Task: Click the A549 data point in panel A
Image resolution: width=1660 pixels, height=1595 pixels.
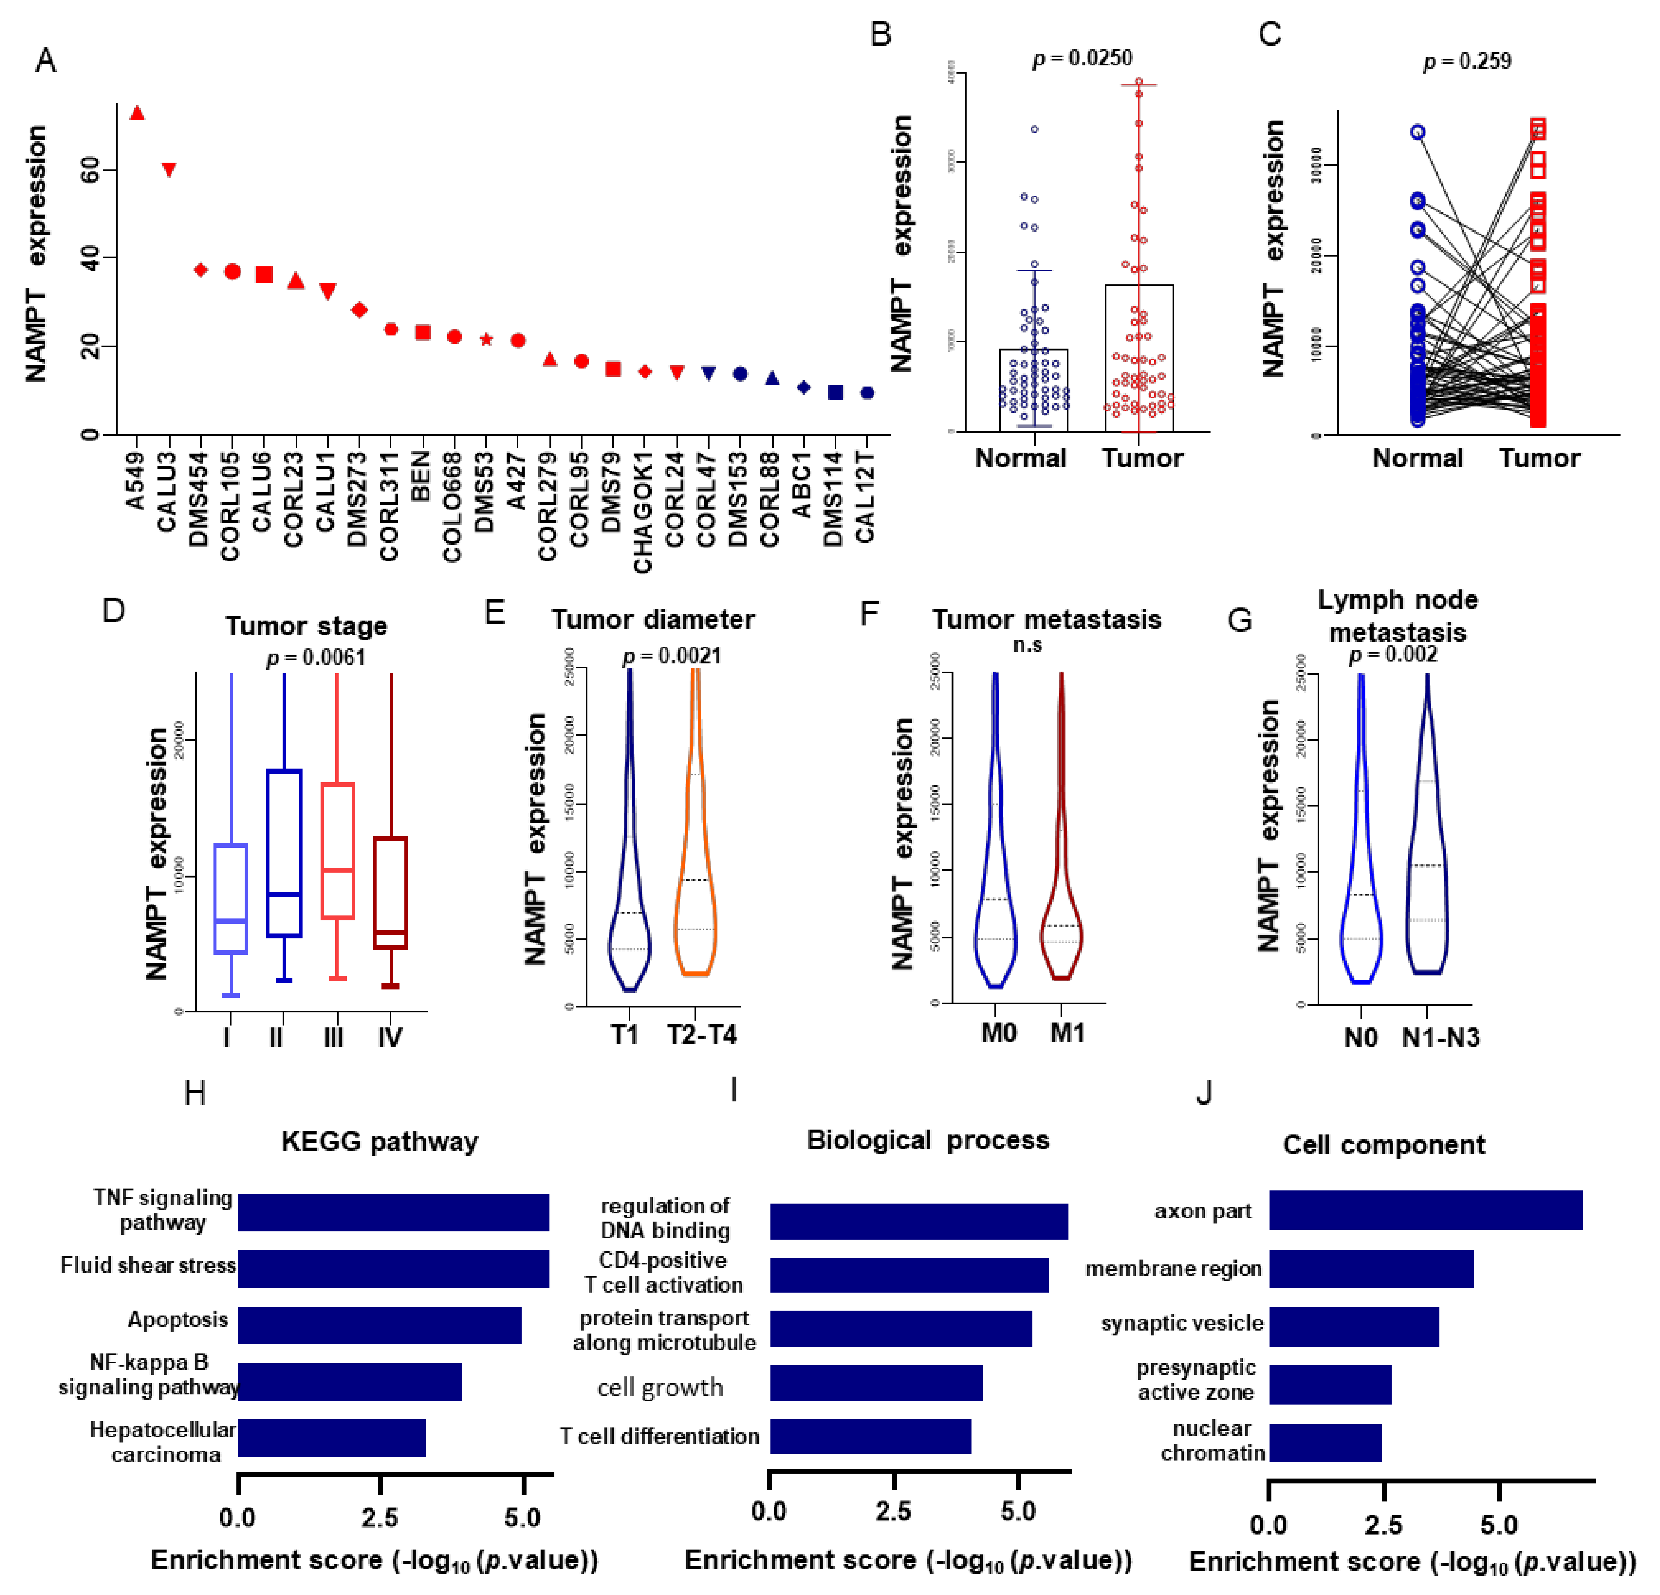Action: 136,113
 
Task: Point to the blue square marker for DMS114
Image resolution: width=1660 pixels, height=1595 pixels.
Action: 835,392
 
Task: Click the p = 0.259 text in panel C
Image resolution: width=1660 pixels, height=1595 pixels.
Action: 1467,61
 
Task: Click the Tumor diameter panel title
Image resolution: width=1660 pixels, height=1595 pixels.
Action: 653,620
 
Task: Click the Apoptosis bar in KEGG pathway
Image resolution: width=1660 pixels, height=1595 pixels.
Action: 380,1325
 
